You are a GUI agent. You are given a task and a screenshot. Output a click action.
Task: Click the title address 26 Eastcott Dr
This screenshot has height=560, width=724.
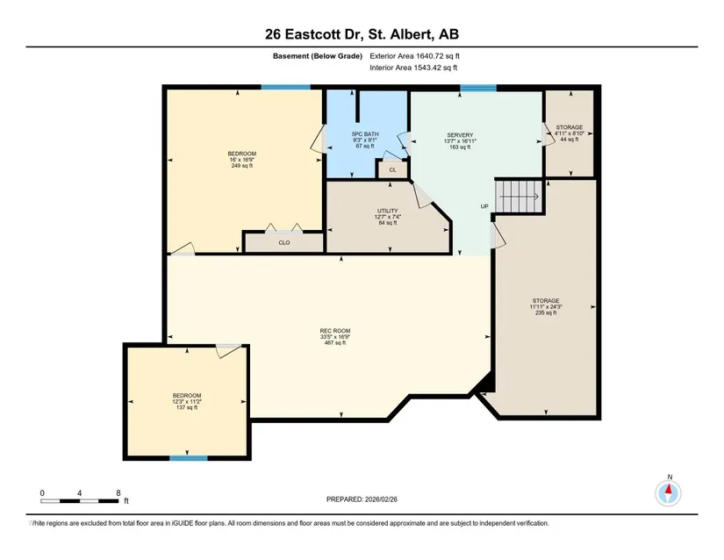pyautogui.click(x=315, y=34)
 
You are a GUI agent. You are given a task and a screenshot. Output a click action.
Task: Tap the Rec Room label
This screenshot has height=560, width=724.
pyautogui.click(x=335, y=336)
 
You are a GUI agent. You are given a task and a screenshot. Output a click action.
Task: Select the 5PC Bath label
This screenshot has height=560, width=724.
pyautogui.click(x=365, y=140)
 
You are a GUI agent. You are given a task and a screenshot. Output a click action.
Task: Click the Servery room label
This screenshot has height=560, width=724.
pyautogui.click(x=460, y=141)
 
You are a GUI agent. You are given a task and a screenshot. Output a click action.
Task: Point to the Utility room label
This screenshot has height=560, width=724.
pyautogui.click(x=387, y=217)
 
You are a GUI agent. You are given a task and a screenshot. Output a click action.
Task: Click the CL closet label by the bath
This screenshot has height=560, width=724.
pyautogui.click(x=392, y=170)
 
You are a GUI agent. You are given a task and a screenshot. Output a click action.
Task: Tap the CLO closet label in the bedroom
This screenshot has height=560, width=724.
pyautogui.click(x=284, y=243)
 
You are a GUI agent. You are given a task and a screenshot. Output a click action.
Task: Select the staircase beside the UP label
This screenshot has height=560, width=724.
pyautogui.click(x=519, y=197)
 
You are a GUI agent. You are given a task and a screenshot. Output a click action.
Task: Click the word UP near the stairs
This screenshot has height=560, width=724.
pyautogui.click(x=484, y=206)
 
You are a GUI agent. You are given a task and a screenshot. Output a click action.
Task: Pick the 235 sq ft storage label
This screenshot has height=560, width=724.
pyautogui.click(x=546, y=306)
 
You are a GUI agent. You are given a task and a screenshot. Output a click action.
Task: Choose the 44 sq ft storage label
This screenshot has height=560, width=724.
pyautogui.click(x=570, y=133)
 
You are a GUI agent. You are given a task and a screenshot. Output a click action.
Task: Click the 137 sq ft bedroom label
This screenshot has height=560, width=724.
pyautogui.click(x=187, y=401)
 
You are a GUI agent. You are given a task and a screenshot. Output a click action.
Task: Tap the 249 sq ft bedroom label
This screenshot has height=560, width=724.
pyautogui.click(x=242, y=159)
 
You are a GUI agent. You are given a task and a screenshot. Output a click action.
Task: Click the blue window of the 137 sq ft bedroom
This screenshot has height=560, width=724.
pyautogui.click(x=189, y=458)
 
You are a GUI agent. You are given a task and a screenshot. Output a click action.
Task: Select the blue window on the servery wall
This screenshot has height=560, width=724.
pyautogui.click(x=478, y=88)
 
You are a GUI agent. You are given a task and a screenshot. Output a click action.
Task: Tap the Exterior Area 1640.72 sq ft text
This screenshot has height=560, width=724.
pyautogui.click(x=414, y=56)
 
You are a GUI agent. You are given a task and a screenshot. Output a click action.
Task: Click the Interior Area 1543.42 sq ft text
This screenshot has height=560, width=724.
pyautogui.click(x=413, y=68)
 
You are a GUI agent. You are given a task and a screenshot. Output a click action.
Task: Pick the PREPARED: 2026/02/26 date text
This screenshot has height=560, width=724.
pyautogui.click(x=362, y=499)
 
